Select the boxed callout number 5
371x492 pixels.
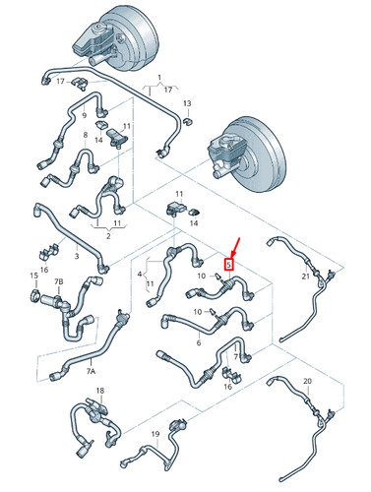coord(229,264)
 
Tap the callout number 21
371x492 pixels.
coord(306,278)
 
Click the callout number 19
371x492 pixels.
coord(155,433)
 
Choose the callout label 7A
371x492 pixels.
coord(91,372)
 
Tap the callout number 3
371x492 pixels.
coord(76,255)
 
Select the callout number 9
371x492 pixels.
coord(85,115)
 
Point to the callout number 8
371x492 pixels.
coord(86,134)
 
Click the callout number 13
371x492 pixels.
coord(187,103)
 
